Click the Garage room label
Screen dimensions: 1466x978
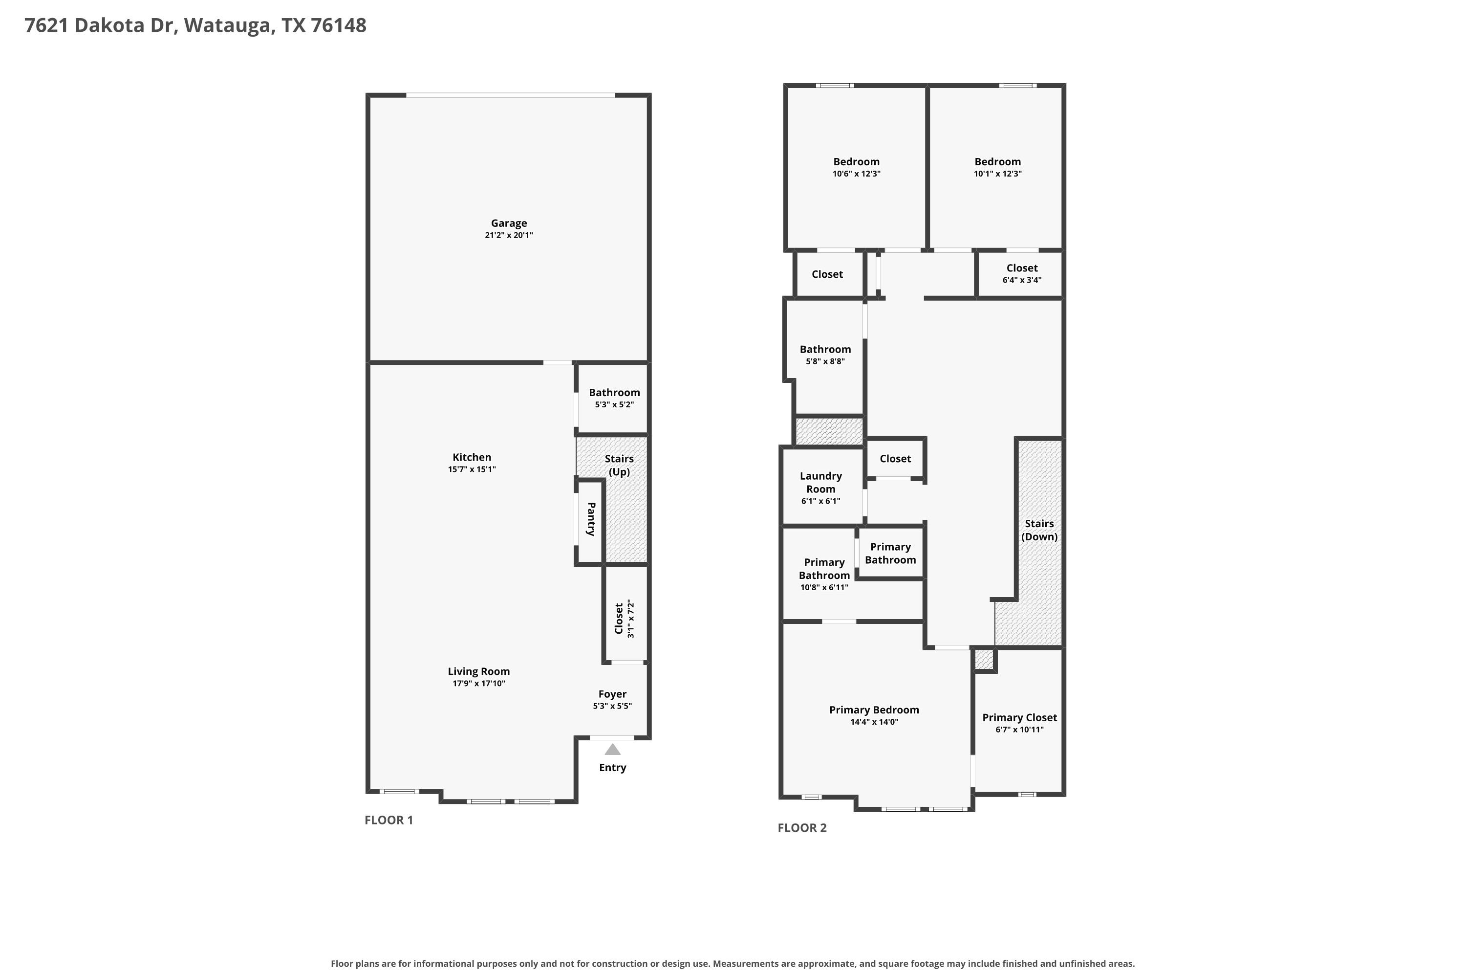[x=509, y=223]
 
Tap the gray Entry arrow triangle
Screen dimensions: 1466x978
[x=613, y=749]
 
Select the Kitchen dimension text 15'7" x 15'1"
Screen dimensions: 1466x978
[x=472, y=469]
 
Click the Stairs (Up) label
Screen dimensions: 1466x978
[x=619, y=466]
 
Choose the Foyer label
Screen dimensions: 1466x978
[x=612, y=694]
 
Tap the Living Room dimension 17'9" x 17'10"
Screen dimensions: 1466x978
[x=479, y=684]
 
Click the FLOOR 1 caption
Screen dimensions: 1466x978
[x=389, y=820]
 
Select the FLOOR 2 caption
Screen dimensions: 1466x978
[x=802, y=828]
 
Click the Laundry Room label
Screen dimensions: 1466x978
[x=821, y=482]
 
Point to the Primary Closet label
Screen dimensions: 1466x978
[x=1020, y=718]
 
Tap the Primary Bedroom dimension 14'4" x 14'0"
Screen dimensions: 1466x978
[x=875, y=722]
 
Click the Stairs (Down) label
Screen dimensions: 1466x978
[x=1040, y=530]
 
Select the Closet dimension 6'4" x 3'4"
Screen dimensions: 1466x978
[x=1022, y=280]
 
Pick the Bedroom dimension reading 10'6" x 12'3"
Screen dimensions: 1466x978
[x=857, y=174]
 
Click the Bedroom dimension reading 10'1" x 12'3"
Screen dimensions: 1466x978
[x=998, y=174]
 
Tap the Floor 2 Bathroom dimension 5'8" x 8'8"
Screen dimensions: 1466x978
[x=825, y=362]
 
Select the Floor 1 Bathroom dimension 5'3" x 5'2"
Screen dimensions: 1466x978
[x=615, y=405]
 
